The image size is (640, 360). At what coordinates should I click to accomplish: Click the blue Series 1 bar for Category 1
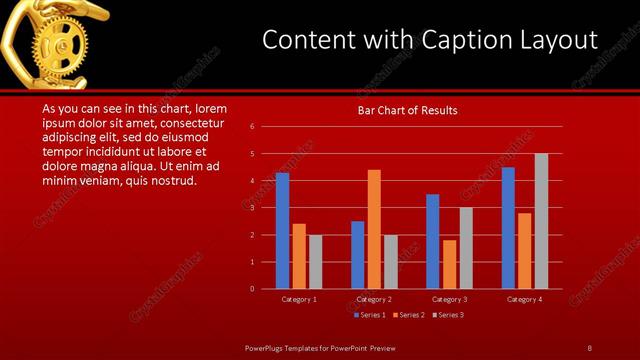coord(282,231)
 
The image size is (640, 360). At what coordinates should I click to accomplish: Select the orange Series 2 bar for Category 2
coord(374,229)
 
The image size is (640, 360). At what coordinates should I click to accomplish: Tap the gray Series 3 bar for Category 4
coord(541,221)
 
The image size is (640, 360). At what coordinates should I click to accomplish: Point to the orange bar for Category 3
coord(449,264)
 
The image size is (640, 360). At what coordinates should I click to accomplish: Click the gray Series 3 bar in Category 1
coord(316,262)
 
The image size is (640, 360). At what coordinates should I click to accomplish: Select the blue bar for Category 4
coord(508,228)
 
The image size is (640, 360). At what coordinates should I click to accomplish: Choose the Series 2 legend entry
coord(409,315)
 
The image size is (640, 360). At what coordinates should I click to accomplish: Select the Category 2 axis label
coord(374,299)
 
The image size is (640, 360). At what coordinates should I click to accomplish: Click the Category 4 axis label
coord(524,299)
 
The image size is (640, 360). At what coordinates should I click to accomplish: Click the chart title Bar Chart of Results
coord(408,110)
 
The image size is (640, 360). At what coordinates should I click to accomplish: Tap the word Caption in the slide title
coord(450,41)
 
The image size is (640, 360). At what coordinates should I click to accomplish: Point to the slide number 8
coord(590,347)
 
